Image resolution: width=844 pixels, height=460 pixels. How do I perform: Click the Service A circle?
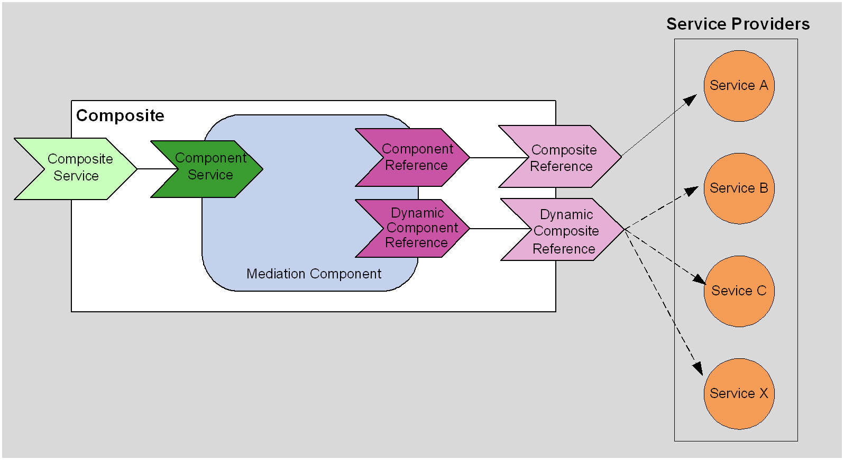tap(739, 86)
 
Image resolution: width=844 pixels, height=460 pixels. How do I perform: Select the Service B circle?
tap(739, 188)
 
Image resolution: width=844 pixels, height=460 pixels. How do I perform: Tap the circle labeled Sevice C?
tap(739, 291)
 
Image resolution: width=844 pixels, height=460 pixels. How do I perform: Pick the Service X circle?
tap(739, 394)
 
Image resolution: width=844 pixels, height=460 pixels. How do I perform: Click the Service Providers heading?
tap(738, 24)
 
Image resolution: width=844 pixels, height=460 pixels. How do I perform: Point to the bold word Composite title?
tap(120, 115)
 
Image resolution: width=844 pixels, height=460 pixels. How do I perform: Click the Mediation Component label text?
tap(314, 274)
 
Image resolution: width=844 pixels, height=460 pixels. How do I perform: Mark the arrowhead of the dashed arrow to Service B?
tap(692, 191)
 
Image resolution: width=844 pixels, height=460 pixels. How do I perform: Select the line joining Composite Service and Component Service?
tap(157, 169)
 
